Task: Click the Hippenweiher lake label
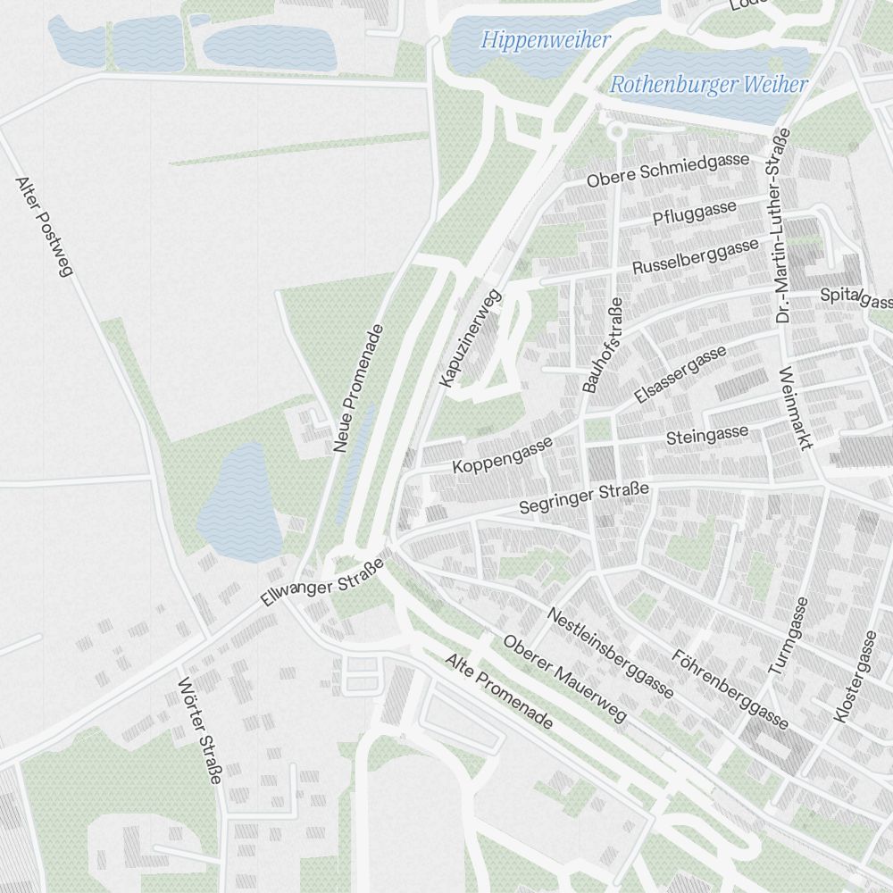click(x=546, y=40)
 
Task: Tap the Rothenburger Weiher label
click(x=709, y=86)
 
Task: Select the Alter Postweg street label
click(x=43, y=226)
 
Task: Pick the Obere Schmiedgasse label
click(x=668, y=170)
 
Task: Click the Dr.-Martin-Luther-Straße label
click(x=783, y=225)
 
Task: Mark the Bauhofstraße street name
click(x=603, y=345)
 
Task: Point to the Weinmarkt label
click(x=797, y=410)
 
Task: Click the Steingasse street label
click(x=707, y=436)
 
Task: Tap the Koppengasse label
click(x=503, y=455)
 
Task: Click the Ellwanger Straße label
click(x=322, y=582)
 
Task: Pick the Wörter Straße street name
click(x=199, y=730)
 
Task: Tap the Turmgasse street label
click(x=789, y=635)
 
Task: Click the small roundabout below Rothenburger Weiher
click(x=614, y=131)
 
